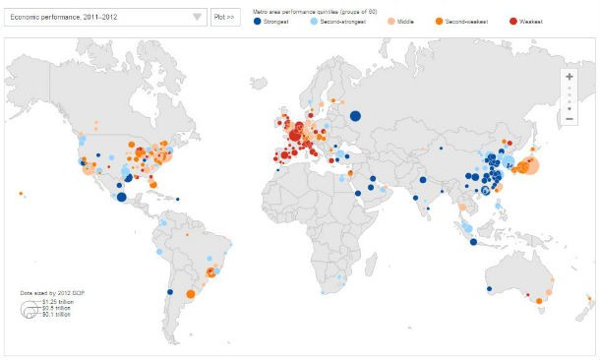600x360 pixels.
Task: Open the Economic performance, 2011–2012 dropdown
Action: [98, 17]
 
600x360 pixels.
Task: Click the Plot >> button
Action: [223, 17]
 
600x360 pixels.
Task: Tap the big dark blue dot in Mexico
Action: [121, 197]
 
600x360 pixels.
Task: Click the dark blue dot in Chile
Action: [169, 292]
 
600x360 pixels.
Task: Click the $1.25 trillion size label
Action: [57, 300]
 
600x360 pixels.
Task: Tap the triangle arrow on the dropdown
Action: [197, 17]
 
